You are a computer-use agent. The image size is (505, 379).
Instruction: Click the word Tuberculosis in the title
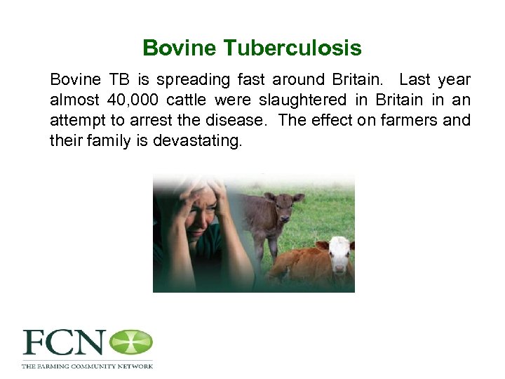tap(292, 48)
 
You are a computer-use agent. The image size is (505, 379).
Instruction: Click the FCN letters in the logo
tap(64, 344)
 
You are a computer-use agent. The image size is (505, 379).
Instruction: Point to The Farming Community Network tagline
tap(87, 366)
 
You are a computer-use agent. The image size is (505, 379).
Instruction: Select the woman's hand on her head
tap(172, 204)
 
